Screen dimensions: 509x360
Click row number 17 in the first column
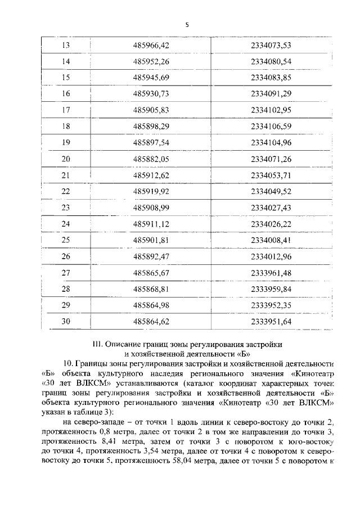click(x=65, y=110)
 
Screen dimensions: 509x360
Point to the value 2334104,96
click(x=274, y=143)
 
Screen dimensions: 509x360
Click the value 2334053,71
click(x=274, y=175)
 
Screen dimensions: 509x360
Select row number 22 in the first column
click(x=65, y=192)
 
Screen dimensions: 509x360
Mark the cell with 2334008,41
click(x=274, y=241)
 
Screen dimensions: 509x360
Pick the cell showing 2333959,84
click(x=274, y=290)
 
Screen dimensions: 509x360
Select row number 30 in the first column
click(x=65, y=322)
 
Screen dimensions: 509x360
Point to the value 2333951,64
click(x=274, y=322)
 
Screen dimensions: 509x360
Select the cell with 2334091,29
click(x=274, y=94)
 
